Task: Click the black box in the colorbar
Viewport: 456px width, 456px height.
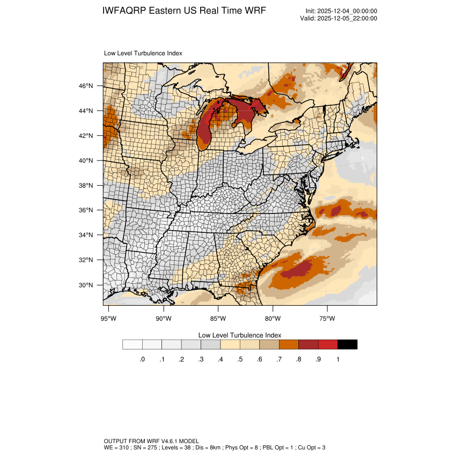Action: [347, 344]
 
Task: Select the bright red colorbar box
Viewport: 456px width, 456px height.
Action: [328, 344]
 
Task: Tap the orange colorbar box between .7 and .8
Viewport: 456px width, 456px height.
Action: [289, 344]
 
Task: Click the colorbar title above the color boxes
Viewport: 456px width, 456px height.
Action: [240, 335]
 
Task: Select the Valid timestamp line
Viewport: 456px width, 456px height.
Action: [339, 18]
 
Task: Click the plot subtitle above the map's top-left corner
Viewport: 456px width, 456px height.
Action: [143, 54]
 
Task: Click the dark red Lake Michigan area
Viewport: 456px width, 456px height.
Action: [204, 131]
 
